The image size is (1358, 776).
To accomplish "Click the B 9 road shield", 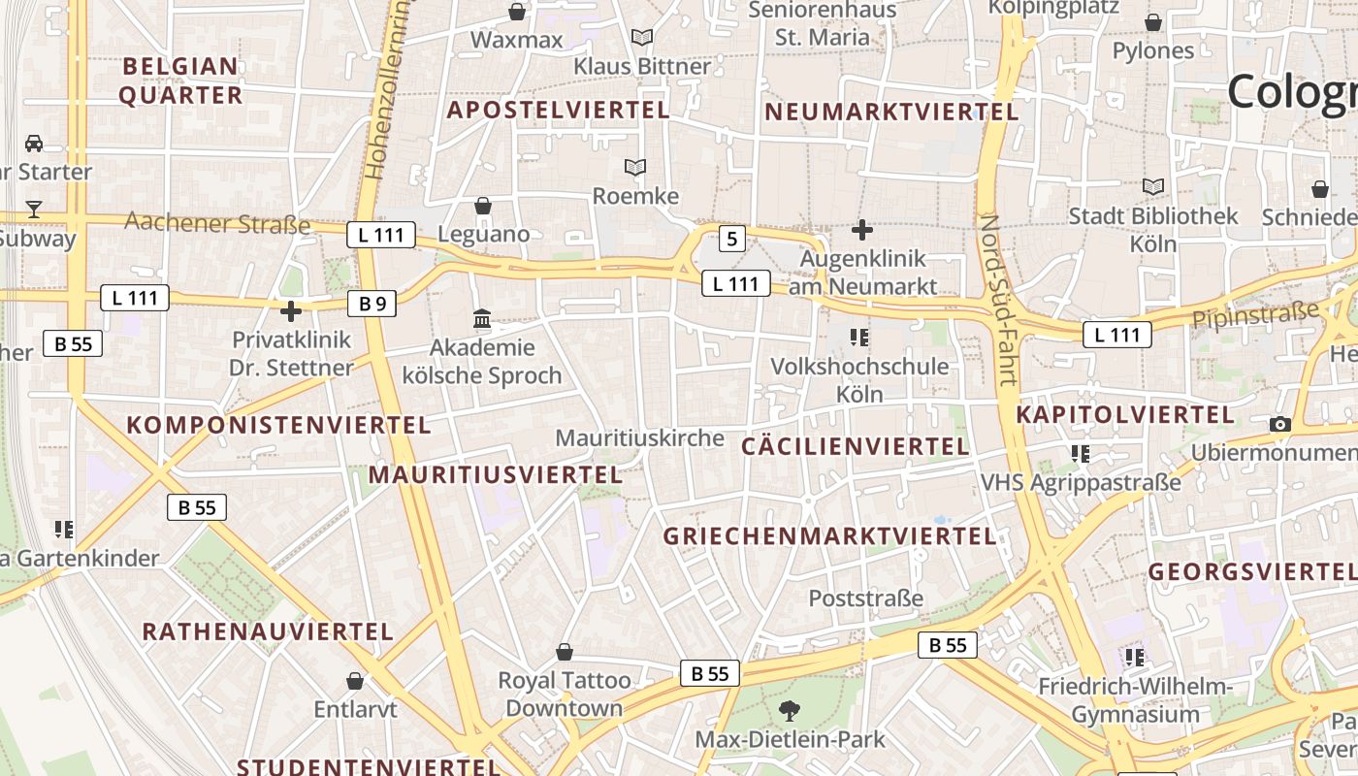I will (x=372, y=304).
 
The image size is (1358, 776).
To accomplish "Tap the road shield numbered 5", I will (x=732, y=239).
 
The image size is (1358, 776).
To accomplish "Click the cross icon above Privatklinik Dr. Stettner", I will (x=290, y=311).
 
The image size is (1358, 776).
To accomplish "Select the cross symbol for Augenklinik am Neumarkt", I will (x=861, y=230).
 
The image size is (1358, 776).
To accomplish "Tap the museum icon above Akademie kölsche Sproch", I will (x=482, y=318).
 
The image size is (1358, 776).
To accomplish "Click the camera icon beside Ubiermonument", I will (x=1280, y=424).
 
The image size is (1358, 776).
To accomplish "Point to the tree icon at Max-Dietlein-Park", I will (x=790, y=710).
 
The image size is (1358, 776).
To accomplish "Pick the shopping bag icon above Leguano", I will (x=482, y=206).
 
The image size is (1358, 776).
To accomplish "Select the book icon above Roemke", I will (x=635, y=168).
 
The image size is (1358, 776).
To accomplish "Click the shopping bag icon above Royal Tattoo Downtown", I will (x=565, y=652).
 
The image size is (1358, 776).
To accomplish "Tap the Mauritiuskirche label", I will (x=639, y=438).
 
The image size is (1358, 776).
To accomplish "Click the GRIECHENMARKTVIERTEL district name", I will (x=829, y=536).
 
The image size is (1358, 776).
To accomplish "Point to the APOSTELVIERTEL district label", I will (x=558, y=111).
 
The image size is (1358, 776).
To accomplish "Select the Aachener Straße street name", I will (x=217, y=224).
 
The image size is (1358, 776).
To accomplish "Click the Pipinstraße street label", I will (x=1256, y=315).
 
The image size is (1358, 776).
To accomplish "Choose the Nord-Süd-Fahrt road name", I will (x=1000, y=301).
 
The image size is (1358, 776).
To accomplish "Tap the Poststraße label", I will (x=865, y=598).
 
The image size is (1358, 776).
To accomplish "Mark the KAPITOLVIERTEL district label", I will (x=1124, y=415).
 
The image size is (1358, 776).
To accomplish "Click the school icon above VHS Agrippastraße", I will (x=1081, y=453).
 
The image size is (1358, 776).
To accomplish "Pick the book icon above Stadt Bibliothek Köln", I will (x=1153, y=186).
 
